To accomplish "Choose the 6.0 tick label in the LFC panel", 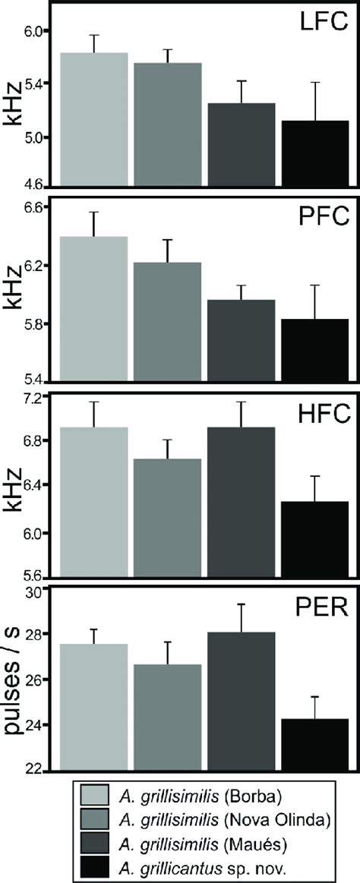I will coord(35,30).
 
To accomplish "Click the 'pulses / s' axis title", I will coord(14,680).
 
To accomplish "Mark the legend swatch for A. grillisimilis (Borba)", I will coord(98,795).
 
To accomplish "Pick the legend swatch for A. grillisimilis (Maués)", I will coord(98,839).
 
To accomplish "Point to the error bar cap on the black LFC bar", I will coord(311,82).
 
